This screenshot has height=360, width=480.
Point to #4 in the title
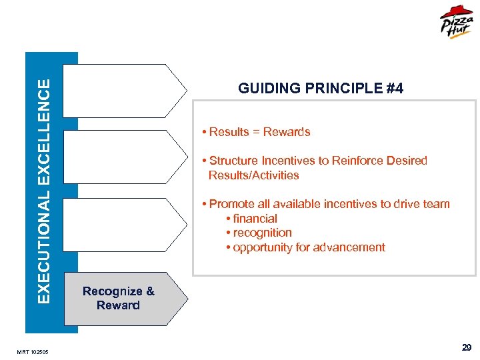(x=395, y=89)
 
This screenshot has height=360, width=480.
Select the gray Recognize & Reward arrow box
(x=120, y=299)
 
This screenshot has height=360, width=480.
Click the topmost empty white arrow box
(x=127, y=91)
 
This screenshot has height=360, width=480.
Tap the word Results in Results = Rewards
(x=229, y=132)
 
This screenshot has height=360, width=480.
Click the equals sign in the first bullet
(x=256, y=132)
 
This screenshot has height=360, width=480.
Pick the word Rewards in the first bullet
(x=287, y=132)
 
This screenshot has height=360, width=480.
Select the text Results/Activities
(x=253, y=175)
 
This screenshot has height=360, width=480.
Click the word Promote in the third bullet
(x=231, y=204)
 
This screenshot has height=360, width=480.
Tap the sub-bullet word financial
(x=255, y=219)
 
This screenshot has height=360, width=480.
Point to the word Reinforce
(x=351, y=161)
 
